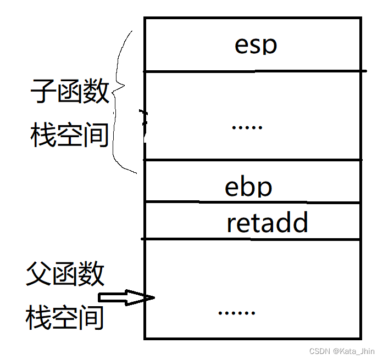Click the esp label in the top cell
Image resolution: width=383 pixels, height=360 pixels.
point(256,45)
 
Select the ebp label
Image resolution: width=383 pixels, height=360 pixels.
point(248,187)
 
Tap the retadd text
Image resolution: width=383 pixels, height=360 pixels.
point(267,223)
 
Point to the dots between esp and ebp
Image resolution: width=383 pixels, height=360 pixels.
point(247,127)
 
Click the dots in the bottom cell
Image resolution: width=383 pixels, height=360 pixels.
point(236,313)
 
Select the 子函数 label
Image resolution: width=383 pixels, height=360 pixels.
point(70,91)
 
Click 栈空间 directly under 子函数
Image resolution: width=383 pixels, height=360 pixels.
point(70,134)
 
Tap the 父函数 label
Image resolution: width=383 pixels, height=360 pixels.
point(65,273)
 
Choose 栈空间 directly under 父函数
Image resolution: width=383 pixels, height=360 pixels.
point(65,317)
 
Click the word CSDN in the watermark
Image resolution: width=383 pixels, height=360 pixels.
point(319,351)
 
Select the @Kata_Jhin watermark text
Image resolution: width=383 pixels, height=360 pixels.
point(353,351)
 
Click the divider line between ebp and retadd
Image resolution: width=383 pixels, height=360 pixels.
point(252,203)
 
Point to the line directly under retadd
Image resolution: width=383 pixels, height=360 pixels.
point(252,239)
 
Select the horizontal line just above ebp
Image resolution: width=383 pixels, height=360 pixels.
point(252,160)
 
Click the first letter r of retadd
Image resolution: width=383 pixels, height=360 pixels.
point(231,224)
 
